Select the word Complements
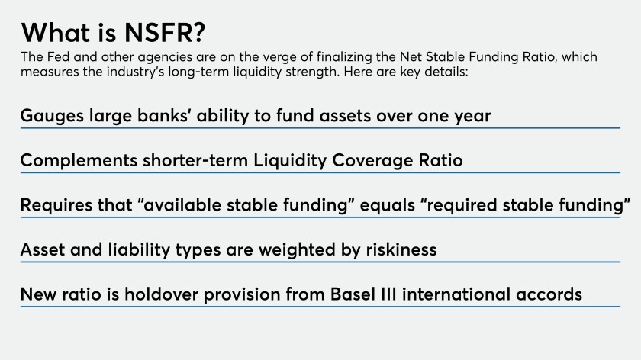[x=79, y=161]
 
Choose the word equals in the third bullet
[x=387, y=205]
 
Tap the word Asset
[x=43, y=249]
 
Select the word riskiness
[x=401, y=249]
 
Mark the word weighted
[x=297, y=249]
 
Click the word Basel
[x=353, y=294]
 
